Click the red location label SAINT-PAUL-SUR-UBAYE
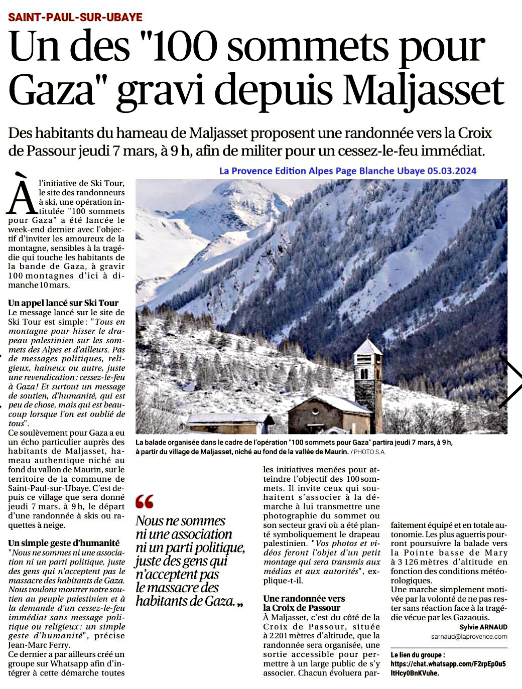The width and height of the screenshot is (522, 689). pos(75,17)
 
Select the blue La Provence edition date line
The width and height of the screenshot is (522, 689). pos(347,171)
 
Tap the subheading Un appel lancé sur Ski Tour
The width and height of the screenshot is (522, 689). pos(63,303)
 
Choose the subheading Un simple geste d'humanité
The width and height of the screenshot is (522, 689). pos(64,543)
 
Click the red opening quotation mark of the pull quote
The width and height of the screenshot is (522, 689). pos(145,501)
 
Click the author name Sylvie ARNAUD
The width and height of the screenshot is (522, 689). pos(483,627)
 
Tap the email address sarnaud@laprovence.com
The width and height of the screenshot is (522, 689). pos(469,636)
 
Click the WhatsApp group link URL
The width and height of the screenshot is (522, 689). pos(448,668)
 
